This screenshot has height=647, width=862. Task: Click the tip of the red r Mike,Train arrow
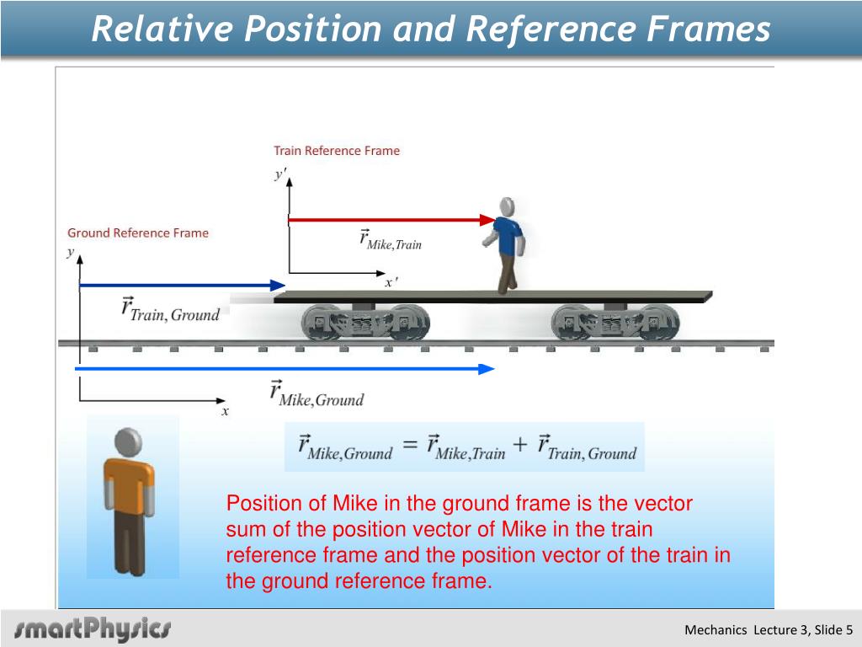(x=497, y=220)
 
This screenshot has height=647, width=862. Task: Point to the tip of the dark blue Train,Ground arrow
(x=285, y=286)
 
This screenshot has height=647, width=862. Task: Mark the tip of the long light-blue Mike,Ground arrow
(x=495, y=369)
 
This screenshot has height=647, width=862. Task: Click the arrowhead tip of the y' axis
(x=290, y=178)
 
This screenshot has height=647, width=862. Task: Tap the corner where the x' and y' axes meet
(x=290, y=273)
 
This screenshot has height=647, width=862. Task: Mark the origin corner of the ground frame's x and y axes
(x=80, y=400)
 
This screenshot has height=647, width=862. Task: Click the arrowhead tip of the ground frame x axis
(x=226, y=400)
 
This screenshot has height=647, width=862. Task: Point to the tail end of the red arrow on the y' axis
(x=290, y=220)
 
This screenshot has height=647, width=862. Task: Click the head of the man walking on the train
(x=507, y=207)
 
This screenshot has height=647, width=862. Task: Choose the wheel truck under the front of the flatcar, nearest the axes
(x=365, y=323)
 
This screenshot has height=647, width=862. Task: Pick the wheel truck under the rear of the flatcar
(x=615, y=323)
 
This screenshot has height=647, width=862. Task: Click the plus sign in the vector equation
(x=519, y=444)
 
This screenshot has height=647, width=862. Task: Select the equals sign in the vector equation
(x=410, y=444)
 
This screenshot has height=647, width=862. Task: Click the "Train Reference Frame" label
(x=337, y=151)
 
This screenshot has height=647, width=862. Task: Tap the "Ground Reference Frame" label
(x=138, y=233)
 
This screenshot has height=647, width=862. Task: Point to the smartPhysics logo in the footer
(x=93, y=628)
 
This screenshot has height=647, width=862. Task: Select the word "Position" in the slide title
(x=313, y=29)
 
